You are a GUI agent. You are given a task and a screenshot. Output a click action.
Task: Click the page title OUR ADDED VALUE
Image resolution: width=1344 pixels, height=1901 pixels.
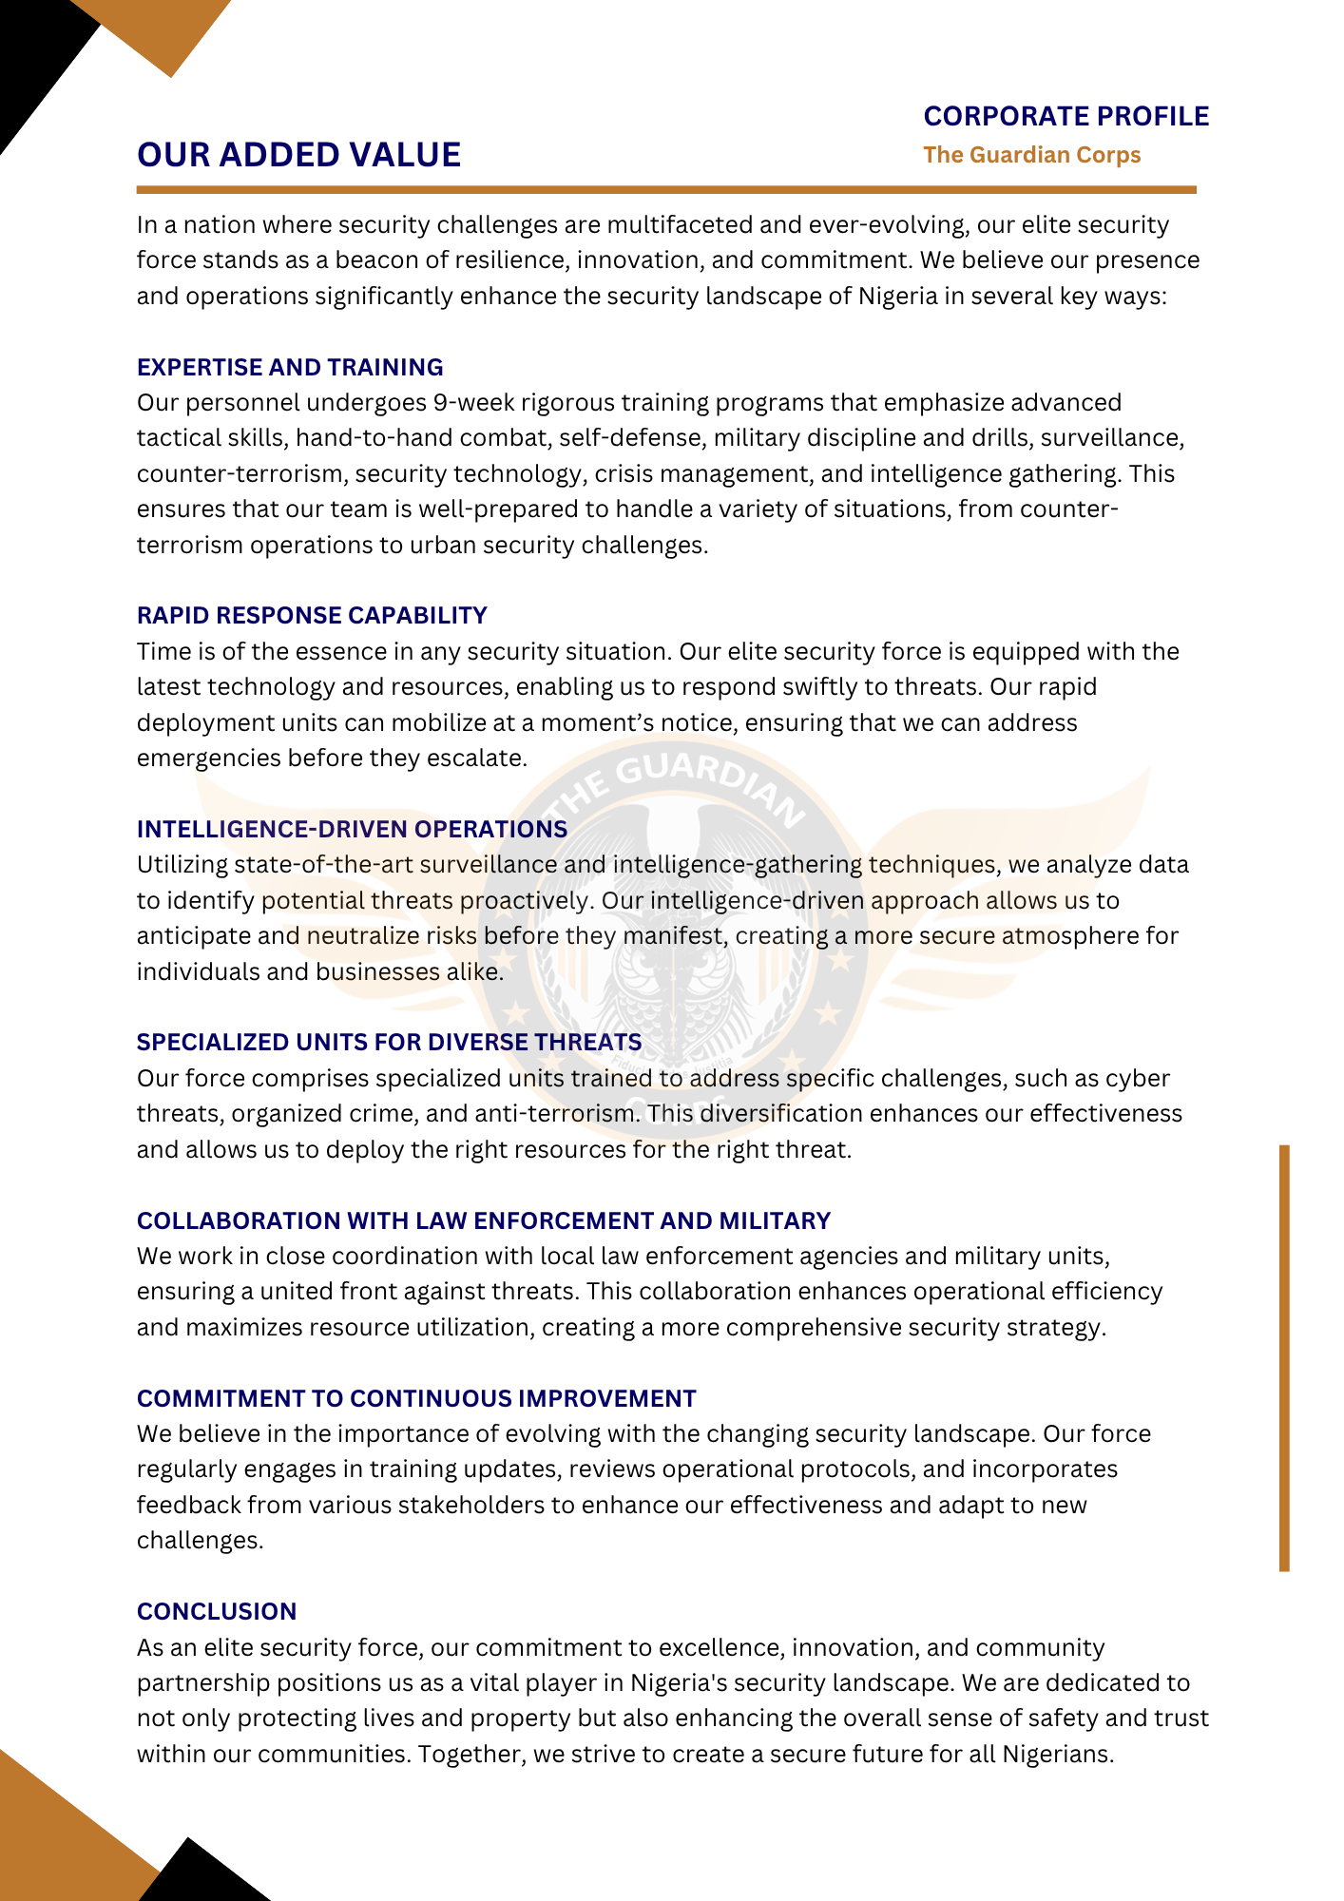[x=298, y=155]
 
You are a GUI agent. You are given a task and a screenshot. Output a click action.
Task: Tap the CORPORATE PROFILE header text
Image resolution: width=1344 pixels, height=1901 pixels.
[x=1066, y=116]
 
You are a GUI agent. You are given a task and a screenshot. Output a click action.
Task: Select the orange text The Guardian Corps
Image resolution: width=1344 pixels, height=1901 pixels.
[x=1031, y=155]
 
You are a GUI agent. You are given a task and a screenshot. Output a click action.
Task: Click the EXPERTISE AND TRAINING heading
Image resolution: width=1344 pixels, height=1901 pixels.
[x=290, y=368]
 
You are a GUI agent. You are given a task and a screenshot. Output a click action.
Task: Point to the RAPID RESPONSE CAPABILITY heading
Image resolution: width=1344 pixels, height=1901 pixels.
[x=312, y=616]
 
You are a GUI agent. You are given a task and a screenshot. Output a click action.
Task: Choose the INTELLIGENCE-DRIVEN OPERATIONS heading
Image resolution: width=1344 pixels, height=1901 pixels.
[x=352, y=830]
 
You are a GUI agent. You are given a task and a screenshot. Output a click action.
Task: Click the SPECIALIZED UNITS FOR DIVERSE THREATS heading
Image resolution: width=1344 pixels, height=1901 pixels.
[x=389, y=1043]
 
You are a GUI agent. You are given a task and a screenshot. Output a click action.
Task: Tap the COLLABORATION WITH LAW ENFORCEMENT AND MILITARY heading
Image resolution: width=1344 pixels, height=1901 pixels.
[x=484, y=1221]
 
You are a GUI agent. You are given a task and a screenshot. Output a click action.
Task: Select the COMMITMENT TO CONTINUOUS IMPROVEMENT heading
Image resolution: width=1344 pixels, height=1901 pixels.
[x=416, y=1399]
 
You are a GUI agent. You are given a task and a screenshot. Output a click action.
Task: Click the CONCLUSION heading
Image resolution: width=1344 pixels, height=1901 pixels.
[x=217, y=1612]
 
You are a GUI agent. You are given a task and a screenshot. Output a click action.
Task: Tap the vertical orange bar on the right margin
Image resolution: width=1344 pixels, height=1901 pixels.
[x=1284, y=1359]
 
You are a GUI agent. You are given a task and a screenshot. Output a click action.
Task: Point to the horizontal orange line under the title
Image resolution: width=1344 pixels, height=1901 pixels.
[x=665, y=190]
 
